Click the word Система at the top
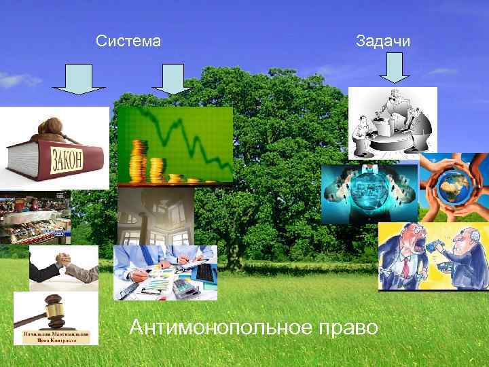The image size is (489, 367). [128, 41]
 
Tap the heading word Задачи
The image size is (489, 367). [383, 41]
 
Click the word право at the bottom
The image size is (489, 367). [346, 328]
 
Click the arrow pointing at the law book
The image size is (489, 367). [79, 79]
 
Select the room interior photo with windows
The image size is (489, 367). [156, 216]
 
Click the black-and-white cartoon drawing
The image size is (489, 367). [393, 122]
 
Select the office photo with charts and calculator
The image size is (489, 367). [165, 273]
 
